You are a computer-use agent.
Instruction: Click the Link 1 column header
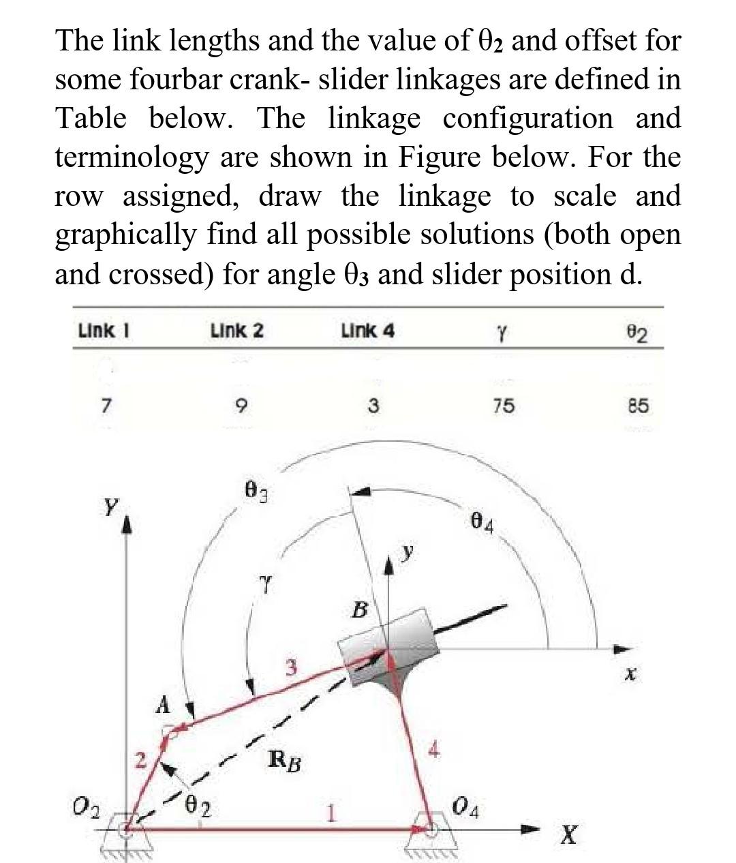[x=104, y=331]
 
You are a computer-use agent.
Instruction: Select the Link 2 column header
[x=236, y=331]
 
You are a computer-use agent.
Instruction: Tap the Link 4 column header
[x=367, y=331]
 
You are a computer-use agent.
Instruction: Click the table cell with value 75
[x=504, y=406]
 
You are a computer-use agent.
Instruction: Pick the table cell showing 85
[x=639, y=406]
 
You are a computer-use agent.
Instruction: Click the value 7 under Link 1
[x=105, y=407]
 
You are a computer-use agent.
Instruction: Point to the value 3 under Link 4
[x=373, y=406]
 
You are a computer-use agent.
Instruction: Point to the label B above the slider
[x=359, y=609]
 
